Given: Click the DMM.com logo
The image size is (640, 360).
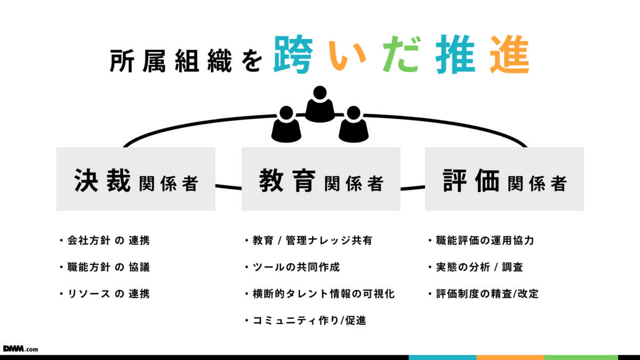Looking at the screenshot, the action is pos(20,348).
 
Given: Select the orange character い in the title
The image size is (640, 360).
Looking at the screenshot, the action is pos(346,55).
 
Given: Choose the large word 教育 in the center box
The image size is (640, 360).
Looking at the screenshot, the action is pos(288,180).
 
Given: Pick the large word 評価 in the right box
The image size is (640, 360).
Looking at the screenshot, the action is pos(471,180).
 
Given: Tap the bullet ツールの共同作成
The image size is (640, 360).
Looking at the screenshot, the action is pos(296,267).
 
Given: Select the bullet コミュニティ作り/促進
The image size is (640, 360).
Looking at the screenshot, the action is pos(309,321).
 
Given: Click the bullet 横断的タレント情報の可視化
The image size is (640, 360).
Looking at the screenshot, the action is pos(323,294).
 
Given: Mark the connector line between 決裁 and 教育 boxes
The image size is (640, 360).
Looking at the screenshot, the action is pos(228,187).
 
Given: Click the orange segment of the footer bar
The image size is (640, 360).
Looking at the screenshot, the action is pos(510,357).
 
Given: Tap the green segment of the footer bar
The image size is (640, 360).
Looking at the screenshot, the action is pos(581,357).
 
